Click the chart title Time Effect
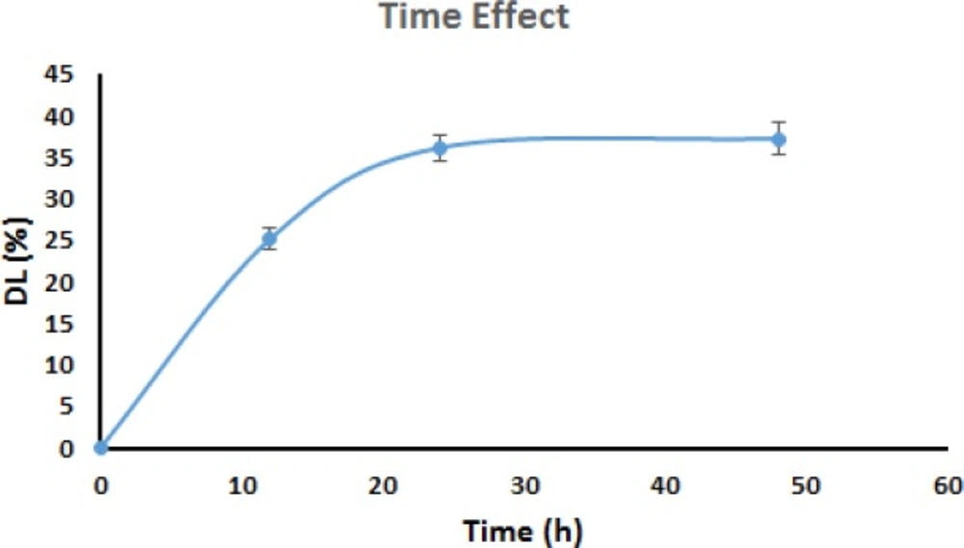point(473,16)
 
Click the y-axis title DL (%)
point(21,260)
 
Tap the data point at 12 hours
point(270,239)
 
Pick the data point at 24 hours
point(440,147)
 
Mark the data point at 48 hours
point(779,140)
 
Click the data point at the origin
point(100,448)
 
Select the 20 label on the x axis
point(383,485)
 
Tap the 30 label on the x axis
point(523,485)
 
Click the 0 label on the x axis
point(100,485)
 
